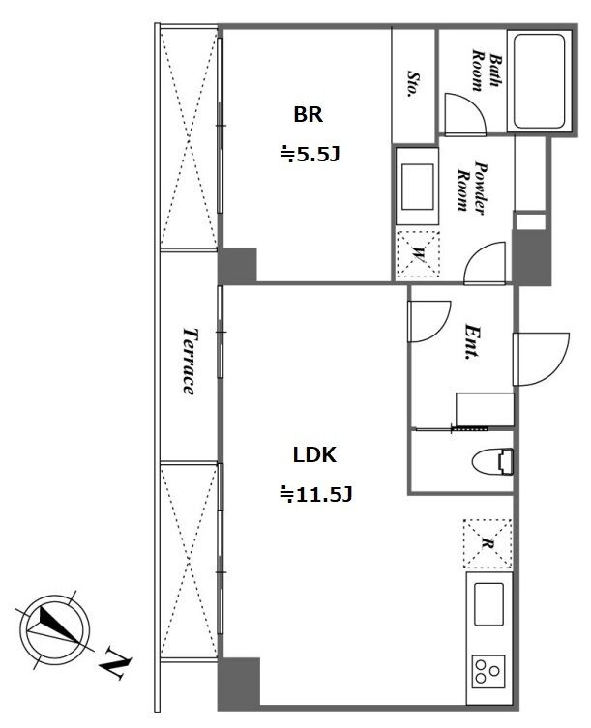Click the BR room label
point(308,114)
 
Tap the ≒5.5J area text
point(310,154)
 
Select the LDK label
point(314,455)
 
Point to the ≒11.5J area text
point(315,494)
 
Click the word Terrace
point(189,362)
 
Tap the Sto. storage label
point(413,83)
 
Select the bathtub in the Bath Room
point(539,82)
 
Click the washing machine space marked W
point(418,254)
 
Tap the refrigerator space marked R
point(488,544)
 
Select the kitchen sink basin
point(488,604)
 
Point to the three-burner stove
point(488,671)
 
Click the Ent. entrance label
point(473,342)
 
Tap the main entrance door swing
point(541,359)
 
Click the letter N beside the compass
point(116,661)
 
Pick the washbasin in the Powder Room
point(417,188)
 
